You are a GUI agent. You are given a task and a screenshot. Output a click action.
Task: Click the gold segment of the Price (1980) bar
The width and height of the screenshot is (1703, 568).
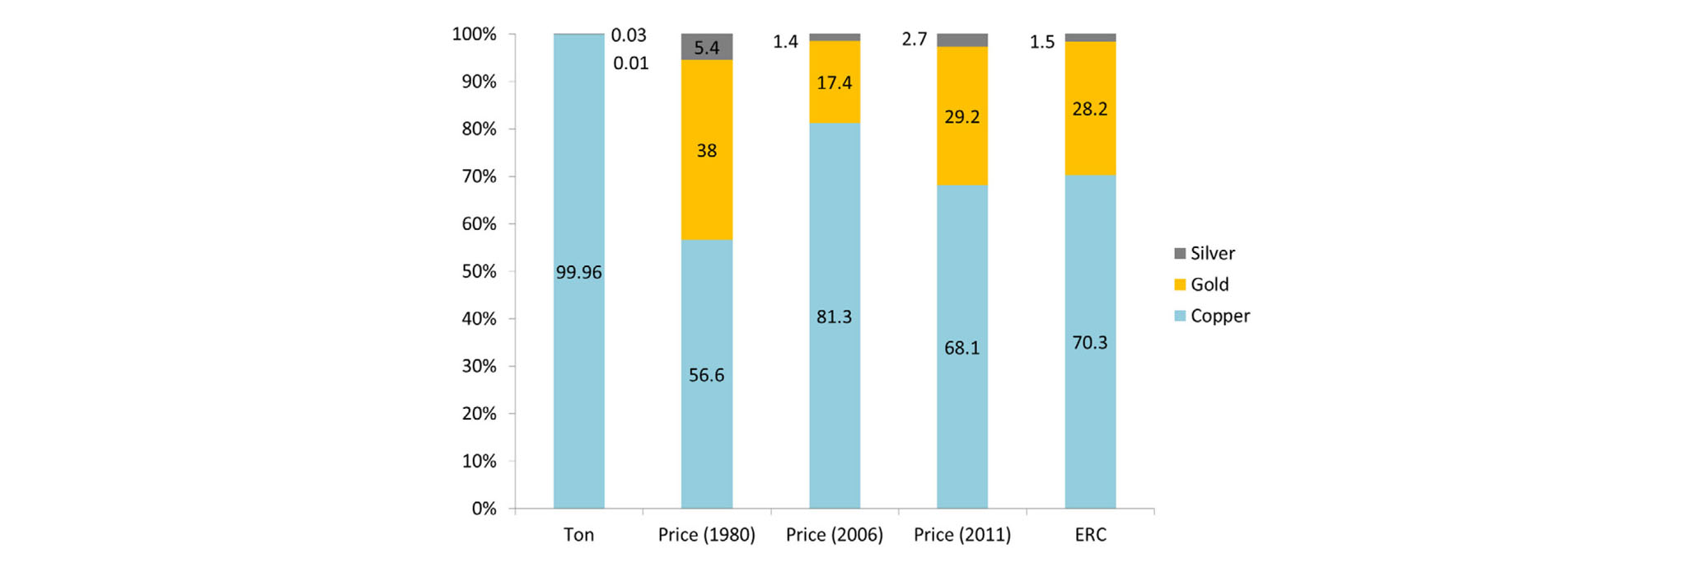[706, 190]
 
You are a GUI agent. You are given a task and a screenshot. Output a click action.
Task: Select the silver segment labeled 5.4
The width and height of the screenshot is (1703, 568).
[706, 47]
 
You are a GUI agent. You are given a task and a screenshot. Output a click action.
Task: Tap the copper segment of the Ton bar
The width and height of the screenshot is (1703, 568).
[578, 371]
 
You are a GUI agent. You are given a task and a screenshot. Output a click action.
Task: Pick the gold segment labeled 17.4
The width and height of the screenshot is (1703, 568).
[834, 82]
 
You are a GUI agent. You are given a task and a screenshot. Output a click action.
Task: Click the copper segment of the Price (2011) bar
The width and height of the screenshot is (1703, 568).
[961, 412]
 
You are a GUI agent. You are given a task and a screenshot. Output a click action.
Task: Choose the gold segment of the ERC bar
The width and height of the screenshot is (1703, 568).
[1089, 140]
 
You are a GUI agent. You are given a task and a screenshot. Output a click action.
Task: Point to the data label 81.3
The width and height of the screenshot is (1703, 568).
[834, 317]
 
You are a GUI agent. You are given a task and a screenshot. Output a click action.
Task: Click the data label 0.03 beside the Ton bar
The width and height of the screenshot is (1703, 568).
[629, 35]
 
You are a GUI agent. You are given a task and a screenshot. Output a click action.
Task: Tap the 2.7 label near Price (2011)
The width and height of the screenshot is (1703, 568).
[915, 40]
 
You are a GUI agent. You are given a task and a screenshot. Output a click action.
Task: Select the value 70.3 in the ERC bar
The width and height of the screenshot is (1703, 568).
[1089, 342]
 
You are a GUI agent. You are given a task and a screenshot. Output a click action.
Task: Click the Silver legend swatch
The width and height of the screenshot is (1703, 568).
[1180, 253]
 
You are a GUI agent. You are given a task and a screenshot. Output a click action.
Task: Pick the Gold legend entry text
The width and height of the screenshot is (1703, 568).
[1209, 284]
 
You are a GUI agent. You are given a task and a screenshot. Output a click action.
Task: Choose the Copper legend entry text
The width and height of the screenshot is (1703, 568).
[1219, 316]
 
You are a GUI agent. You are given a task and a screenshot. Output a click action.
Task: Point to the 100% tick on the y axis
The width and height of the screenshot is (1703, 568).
[474, 35]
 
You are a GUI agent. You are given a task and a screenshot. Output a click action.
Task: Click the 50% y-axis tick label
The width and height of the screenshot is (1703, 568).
[479, 271]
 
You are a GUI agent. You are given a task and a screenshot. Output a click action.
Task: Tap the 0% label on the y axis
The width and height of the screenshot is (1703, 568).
[484, 509]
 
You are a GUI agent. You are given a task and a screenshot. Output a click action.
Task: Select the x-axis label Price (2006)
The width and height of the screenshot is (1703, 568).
[834, 535]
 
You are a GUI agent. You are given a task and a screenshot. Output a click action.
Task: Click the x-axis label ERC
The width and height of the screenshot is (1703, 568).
[1089, 535]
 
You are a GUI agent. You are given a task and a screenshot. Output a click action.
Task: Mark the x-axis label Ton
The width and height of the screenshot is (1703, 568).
[578, 535]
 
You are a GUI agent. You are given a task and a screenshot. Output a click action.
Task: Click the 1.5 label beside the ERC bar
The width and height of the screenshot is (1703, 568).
[1042, 42]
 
